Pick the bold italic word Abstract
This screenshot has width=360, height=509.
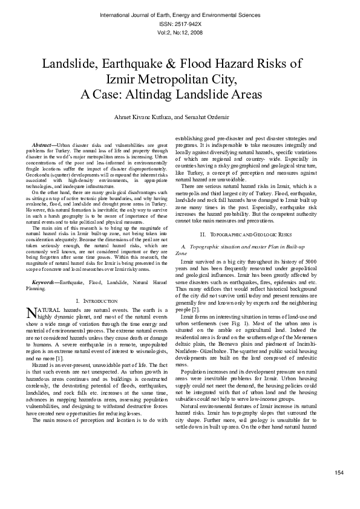pyautogui.click(x=43, y=146)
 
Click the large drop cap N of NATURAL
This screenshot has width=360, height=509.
pyautogui.click(x=33, y=312)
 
